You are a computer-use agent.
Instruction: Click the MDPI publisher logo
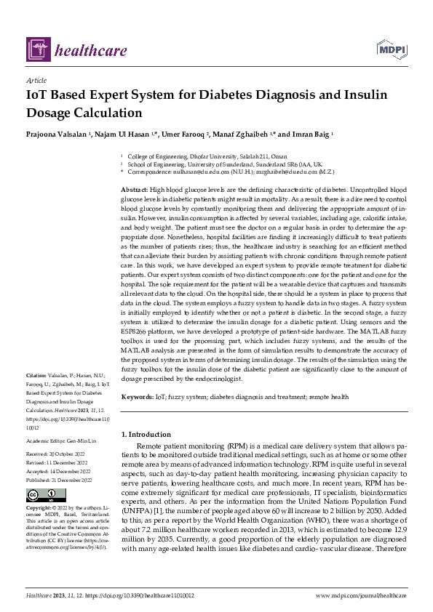[x=391, y=49]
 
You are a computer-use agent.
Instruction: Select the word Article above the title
[x=36, y=80]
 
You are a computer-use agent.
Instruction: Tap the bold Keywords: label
[x=137, y=397]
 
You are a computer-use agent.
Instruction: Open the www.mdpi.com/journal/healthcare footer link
[x=360, y=595]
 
